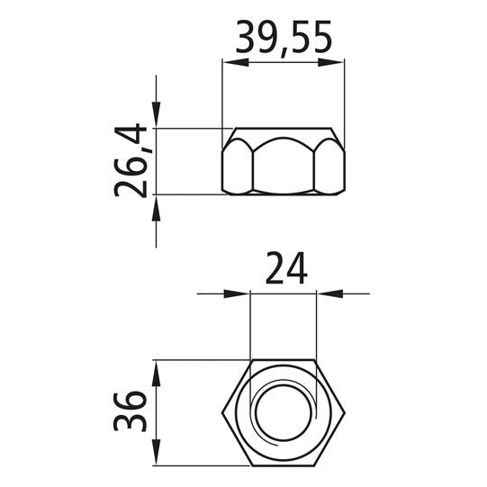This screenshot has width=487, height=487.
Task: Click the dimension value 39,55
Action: (x=284, y=38)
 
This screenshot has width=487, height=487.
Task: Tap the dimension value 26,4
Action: (x=130, y=160)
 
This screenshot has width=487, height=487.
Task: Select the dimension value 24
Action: (x=286, y=268)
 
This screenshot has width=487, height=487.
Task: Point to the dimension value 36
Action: (x=130, y=412)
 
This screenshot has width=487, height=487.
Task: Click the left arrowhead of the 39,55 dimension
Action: (x=236, y=62)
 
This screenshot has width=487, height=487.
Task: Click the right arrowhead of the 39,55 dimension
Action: (x=331, y=62)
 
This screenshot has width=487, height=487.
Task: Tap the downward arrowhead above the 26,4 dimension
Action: (x=157, y=115)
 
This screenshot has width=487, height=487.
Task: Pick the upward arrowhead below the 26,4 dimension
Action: (x=157, y=208)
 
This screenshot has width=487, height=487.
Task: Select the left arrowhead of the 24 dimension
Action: (x=237, y=293)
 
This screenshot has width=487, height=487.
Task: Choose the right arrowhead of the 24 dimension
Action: (x=329, y=293)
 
